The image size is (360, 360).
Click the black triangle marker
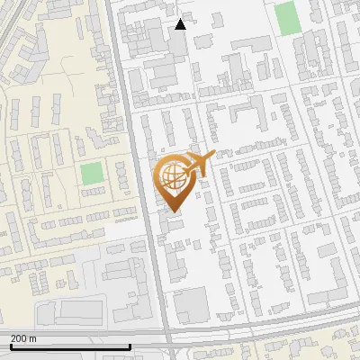pos(180,24)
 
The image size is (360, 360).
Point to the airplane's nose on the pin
pos(213,156)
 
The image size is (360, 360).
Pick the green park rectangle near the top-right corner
pos(286,18)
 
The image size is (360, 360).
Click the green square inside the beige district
pos(91,174)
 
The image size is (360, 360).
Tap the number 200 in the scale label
pos(20,337)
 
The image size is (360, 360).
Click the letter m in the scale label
pos(33,337)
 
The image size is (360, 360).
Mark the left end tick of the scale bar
pos(10,345)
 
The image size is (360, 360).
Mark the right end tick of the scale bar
pos(130,345)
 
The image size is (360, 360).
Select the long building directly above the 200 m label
pos(72,311)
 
